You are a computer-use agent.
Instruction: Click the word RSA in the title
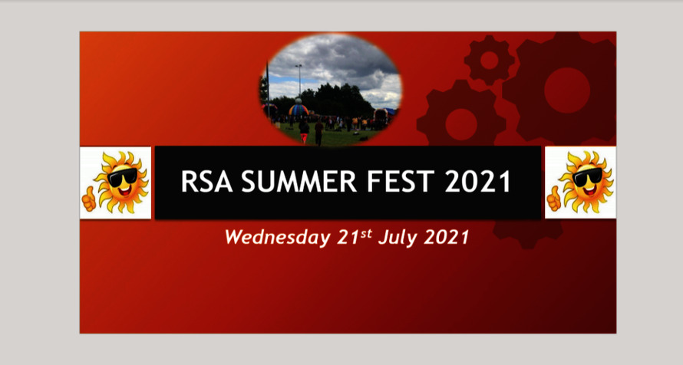pyautogui.click(x=202, y=182)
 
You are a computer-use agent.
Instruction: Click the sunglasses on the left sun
pyautogui.click(x=123, y=178)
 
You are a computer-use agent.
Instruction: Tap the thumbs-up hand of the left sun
pyautogui.click(x=90, y=200)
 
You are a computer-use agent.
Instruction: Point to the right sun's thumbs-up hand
pyautogui.click(x=553, y=200)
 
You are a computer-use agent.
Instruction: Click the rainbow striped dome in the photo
pyautogui.click(x=298, y=110)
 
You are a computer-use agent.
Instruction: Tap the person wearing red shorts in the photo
pyautogui.click(x=318, y=131)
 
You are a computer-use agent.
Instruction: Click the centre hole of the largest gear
pyautogui.click(x=566, y=90)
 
